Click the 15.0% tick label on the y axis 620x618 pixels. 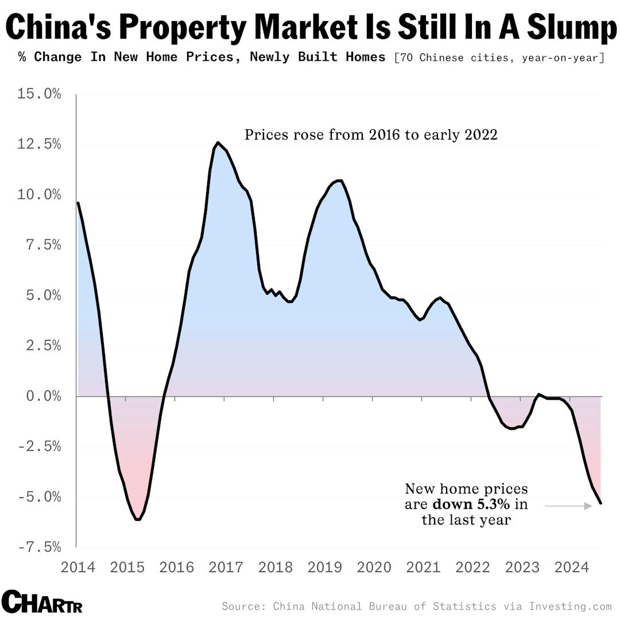point(39,94)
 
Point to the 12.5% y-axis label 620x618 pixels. point(39,144)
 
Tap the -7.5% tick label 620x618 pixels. point(39,547)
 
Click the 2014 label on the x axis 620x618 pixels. point(78,567)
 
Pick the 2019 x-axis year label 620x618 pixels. point(325,567)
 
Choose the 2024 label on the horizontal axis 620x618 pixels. point(572,567)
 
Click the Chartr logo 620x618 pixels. point(42,602)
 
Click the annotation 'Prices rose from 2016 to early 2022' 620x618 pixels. point(371,135)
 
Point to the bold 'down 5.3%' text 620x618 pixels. point(471,504)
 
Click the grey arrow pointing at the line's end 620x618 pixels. point(568,505)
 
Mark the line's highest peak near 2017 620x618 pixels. point(218,142)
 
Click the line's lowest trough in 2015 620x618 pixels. point(138,519)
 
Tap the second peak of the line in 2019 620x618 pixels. point(339,180)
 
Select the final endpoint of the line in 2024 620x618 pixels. point(600,503)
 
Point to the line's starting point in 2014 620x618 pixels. point(78,203)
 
